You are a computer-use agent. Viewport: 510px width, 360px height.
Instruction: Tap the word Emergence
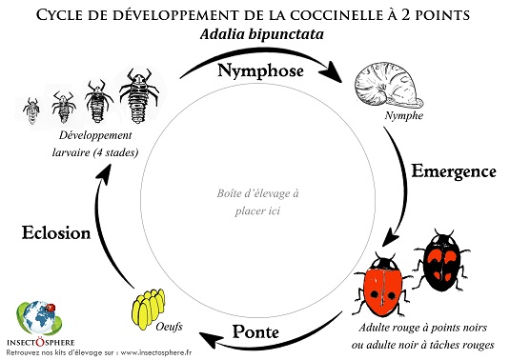pyautogui.click(x=454, y=172)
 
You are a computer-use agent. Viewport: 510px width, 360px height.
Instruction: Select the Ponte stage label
pyautogui.click(x=255, y=332)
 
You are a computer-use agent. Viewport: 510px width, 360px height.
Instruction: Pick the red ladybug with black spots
pyautogui.click(x=383, y=285)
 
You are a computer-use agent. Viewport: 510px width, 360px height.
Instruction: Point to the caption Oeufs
pyautogui.click(x=170, y=326)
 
